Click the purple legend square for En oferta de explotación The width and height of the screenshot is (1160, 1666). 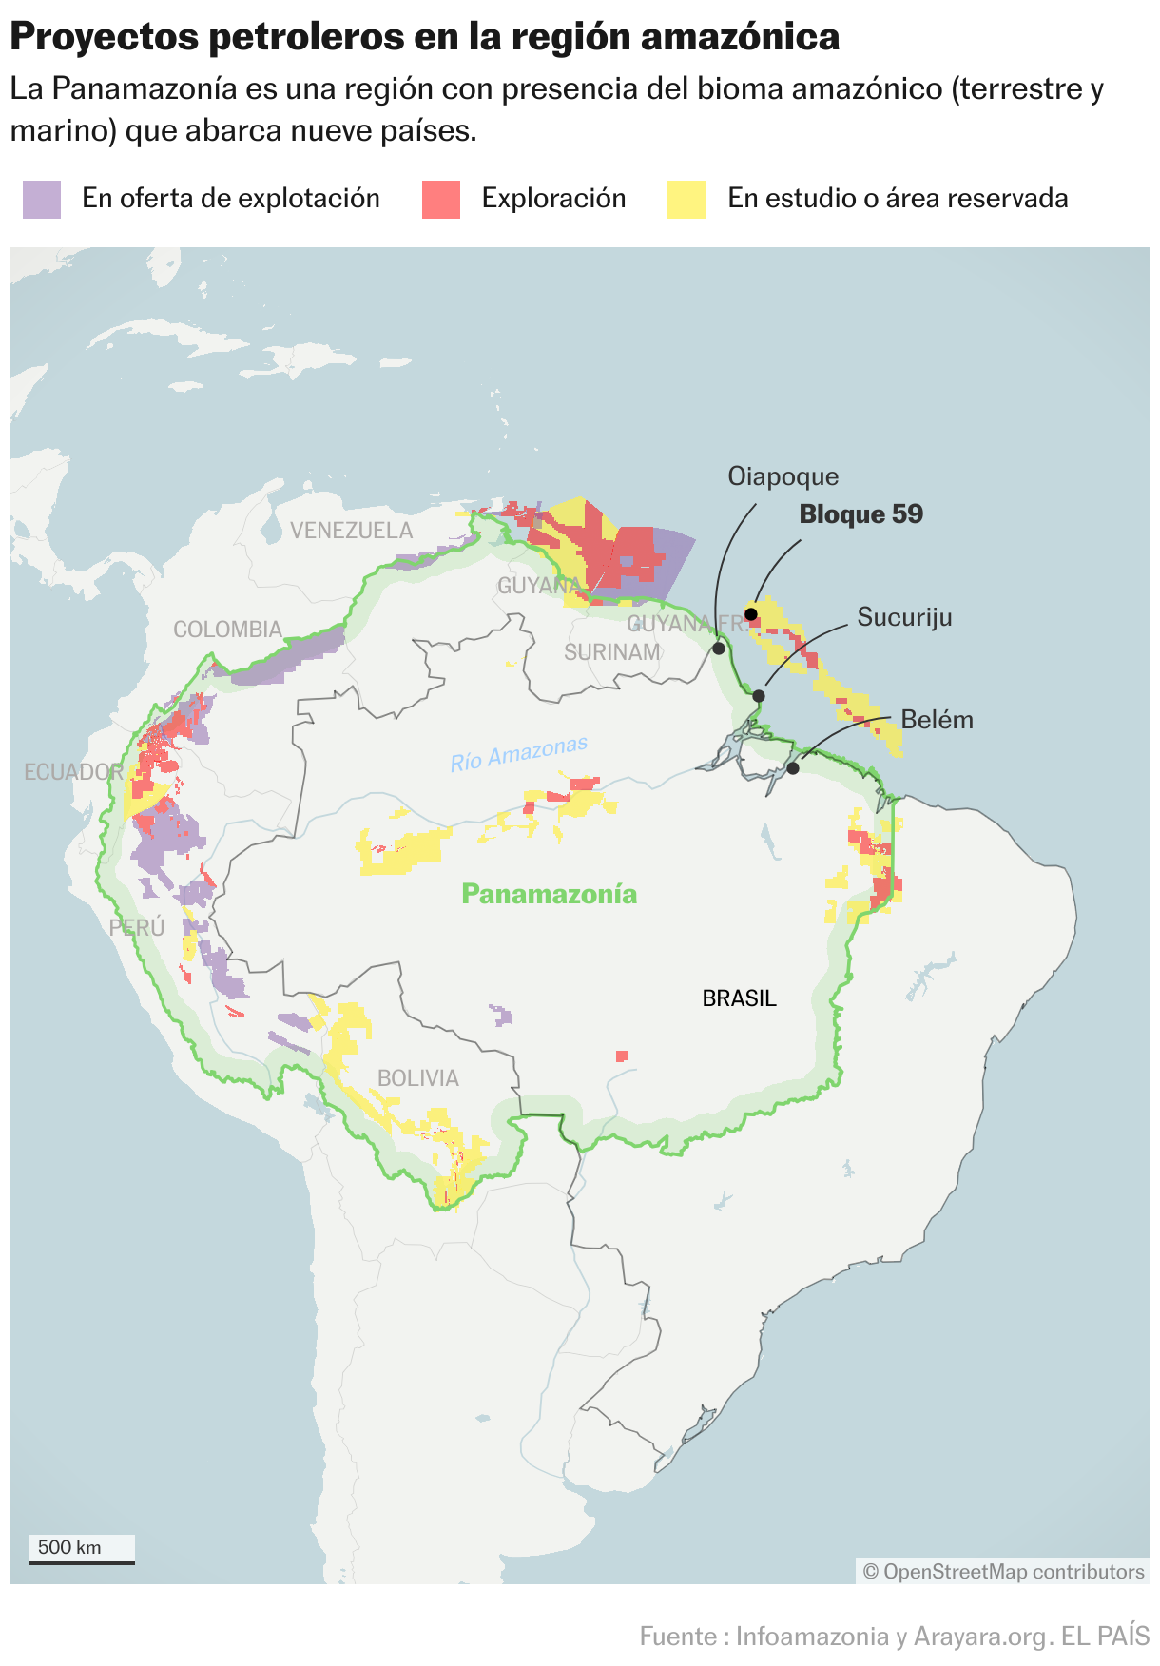point(42,200)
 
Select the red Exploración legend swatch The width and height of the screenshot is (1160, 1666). point(441,200)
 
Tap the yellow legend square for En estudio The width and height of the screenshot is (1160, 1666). point(686,200)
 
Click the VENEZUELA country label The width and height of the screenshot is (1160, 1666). point(351,531)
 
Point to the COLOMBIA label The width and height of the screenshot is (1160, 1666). point(227,630)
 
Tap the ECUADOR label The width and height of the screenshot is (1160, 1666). point(73,772)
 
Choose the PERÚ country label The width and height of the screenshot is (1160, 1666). point(137,927)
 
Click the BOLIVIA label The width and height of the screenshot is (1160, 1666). point(417,1078)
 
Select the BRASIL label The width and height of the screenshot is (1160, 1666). point(739,998)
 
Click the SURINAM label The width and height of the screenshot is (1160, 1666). point(611,652)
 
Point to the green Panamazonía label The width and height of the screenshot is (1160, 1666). point(549,894)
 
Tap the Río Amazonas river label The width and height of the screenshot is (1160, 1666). point(519,754)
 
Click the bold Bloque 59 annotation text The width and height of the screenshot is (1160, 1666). point(860,514)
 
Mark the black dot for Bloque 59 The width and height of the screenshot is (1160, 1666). point(750,614)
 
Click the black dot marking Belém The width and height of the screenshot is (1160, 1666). point(793,767)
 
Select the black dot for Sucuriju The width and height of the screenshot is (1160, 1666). point(759,696)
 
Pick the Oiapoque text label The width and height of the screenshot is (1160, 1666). point(783,476)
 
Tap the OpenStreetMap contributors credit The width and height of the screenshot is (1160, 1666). point(1003,1572)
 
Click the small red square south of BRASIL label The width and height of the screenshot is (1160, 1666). point(621,1056)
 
